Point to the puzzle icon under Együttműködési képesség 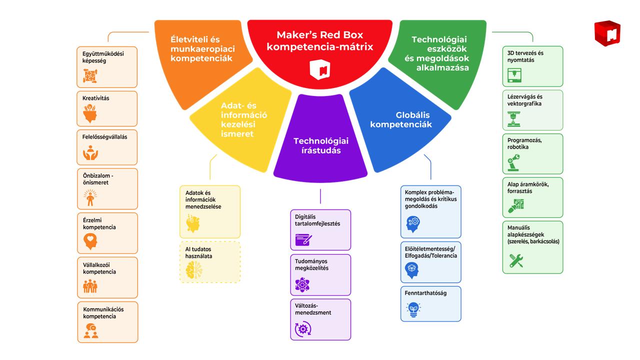pyautogui.click(x=90, y=76)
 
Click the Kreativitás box pyautogui.click(x=107, y=108)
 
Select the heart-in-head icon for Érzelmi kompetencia pyautogui.click(x=90, y=242)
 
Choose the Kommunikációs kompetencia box pyautogui.click(x=107, y=322)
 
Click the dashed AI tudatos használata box pyautogui.click(x=210, y=262)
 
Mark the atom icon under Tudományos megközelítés pyautogui.click(x=302, y=285)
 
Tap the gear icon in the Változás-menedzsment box pyautogui.click(x=302, y=328)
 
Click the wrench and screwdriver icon pyautogui.click(x=516, y=260)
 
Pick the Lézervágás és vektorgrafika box pyautogui.click(x=532, y=110)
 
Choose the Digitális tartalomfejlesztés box pyautogui.click(x=320, y=230)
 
